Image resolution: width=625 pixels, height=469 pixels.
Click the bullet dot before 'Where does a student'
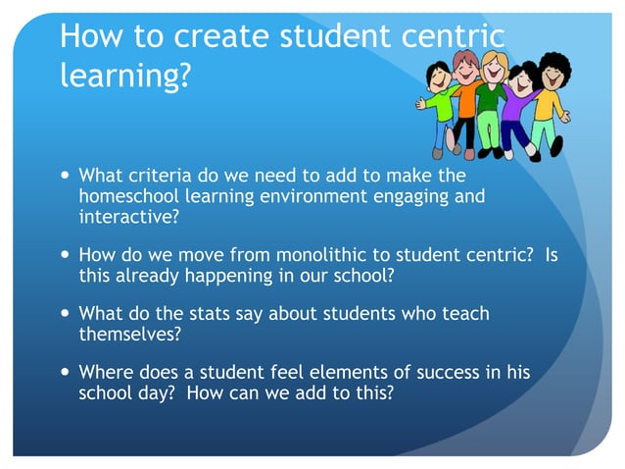(65, 374)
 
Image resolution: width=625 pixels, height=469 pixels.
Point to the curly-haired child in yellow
(551, 98)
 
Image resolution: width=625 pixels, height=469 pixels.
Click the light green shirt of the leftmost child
(440, 103)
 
